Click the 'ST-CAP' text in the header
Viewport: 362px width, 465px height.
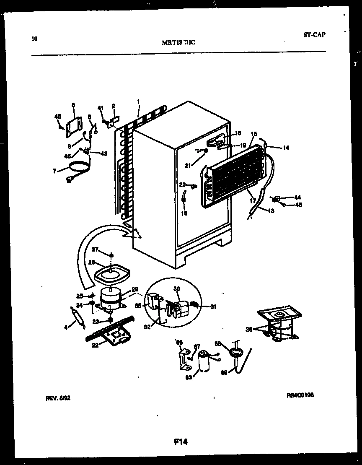[x=314, y=35]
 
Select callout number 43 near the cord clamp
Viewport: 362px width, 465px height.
[x=104, y=153]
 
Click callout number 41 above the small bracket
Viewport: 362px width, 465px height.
[x=100, y=108]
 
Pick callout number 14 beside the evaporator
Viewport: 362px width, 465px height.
[x=286, y=148]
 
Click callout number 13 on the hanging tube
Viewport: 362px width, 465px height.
[x=271, y=211]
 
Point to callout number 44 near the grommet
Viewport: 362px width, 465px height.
[x=298, y=197]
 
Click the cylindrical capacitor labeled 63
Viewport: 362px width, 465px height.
[x=204, y=361]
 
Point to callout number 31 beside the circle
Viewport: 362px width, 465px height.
[x=213, y=307]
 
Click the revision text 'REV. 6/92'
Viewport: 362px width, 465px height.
[x=58, y=400]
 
